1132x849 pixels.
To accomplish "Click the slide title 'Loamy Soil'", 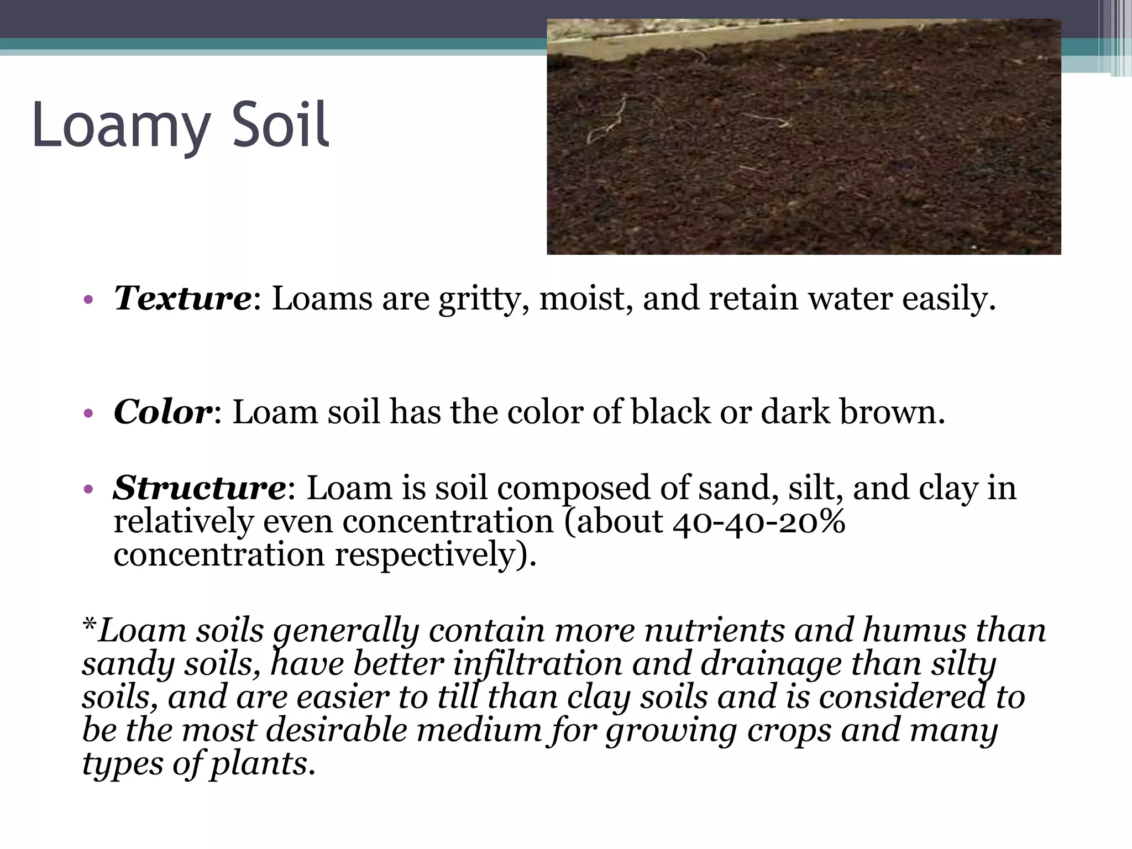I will point(181,126).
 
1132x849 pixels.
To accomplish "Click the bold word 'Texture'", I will point(182,298).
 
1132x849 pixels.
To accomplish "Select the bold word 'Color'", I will point(163,412).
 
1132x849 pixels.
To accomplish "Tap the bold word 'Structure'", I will point(200,488).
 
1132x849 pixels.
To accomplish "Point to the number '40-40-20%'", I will point(759,521).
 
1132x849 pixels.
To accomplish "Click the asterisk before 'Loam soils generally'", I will point(89,626).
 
